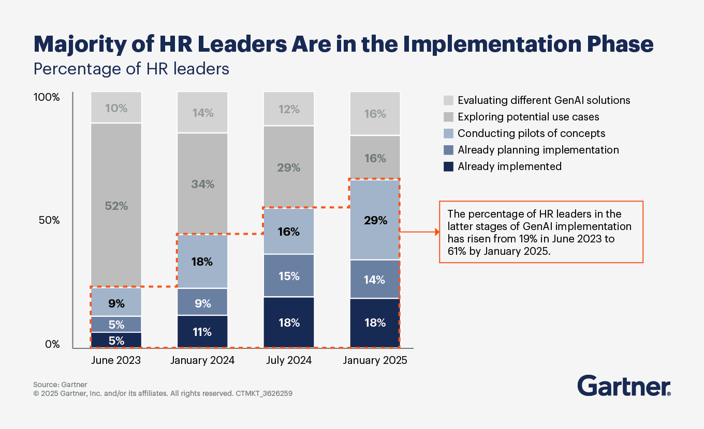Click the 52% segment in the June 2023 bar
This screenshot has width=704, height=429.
click(116, 205)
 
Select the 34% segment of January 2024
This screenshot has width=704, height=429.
click(202, 184)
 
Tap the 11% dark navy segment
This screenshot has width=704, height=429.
click(202, 332)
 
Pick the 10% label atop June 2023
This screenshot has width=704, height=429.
click(116, 108)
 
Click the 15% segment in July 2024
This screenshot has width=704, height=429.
click(289, 276)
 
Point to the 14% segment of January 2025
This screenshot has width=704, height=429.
click(375, 280)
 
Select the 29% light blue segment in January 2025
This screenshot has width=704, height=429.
click(375, 220)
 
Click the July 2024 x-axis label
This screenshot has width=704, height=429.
click(289, 360)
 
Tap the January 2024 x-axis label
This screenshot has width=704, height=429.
click(202, 360)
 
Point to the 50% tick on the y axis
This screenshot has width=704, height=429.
click(50, 220)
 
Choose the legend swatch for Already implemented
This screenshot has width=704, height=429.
click(448, 166)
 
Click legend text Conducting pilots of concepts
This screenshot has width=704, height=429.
click(531, 133)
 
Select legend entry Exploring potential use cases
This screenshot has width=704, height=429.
click(529, 117)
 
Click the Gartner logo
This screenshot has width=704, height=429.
click(624, 386)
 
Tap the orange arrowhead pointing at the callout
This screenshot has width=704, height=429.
click(436, 232)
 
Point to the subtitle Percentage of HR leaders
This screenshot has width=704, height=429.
click(131, 68)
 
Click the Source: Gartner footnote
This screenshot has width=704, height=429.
click(60, 385)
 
